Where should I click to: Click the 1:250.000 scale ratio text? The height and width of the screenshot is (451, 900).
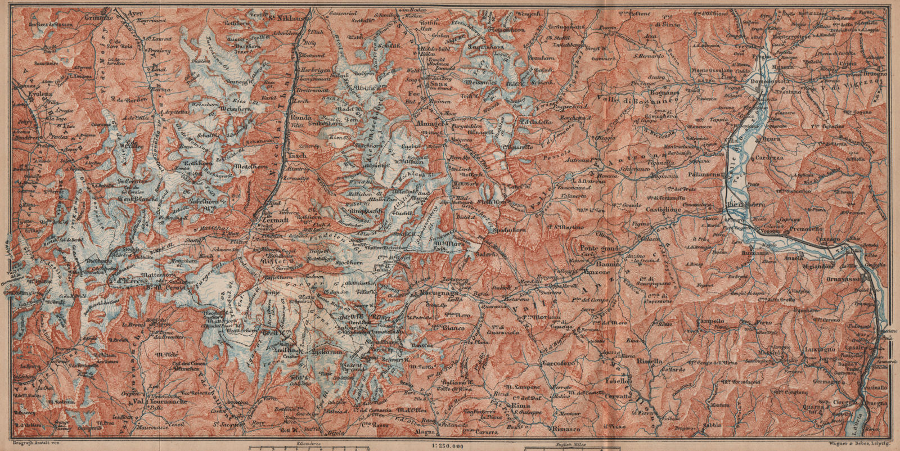click(x=448, y=446)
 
